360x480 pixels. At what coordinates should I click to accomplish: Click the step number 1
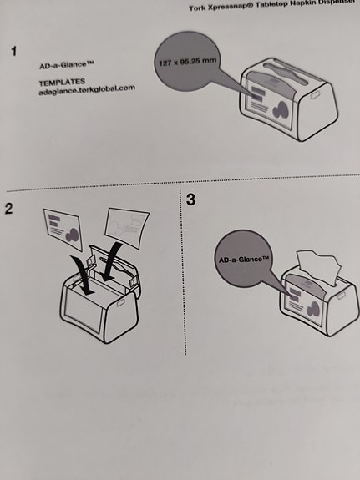pos(13,52)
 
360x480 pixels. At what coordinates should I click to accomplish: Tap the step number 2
pos(9,208)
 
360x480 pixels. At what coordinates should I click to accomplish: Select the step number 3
pos(191,200)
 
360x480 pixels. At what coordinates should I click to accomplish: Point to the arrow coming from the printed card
pos(82,271)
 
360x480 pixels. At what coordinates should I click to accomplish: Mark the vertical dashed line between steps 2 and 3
pos(181,275)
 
